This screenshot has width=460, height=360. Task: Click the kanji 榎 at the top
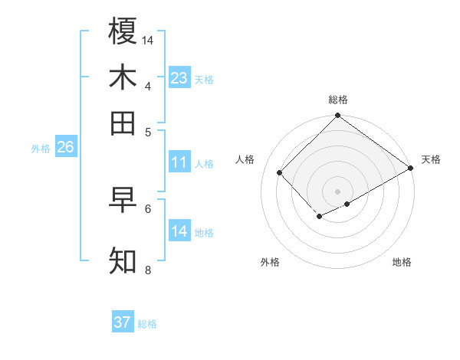coord(123,31)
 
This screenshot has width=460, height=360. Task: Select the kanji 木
coord(123,77)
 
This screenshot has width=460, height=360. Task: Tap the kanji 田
coord(123,123)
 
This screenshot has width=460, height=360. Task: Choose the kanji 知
coord(123,261)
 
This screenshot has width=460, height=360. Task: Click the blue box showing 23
coord(179,78)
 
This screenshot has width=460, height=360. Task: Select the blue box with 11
coord(179,162)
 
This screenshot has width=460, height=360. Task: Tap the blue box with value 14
coord(179,231)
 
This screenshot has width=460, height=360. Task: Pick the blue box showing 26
coord(65,147)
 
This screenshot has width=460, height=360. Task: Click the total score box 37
coord(123,322)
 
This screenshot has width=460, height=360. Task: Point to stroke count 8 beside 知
coord(147,270)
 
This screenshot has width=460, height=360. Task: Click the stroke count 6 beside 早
coord(148,208)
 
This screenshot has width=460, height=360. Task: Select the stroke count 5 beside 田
coord(148,131)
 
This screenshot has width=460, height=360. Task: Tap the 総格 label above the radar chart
coord(337,100)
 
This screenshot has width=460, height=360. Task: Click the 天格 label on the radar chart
coord(431,159)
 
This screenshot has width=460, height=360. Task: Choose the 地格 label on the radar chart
coord(402,262)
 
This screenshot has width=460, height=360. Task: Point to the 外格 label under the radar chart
coord(270,262)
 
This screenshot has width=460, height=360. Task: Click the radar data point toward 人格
coord(280,172)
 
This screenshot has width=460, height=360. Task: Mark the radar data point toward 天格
coord(411,168)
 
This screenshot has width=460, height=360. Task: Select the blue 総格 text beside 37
coord(147,324)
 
